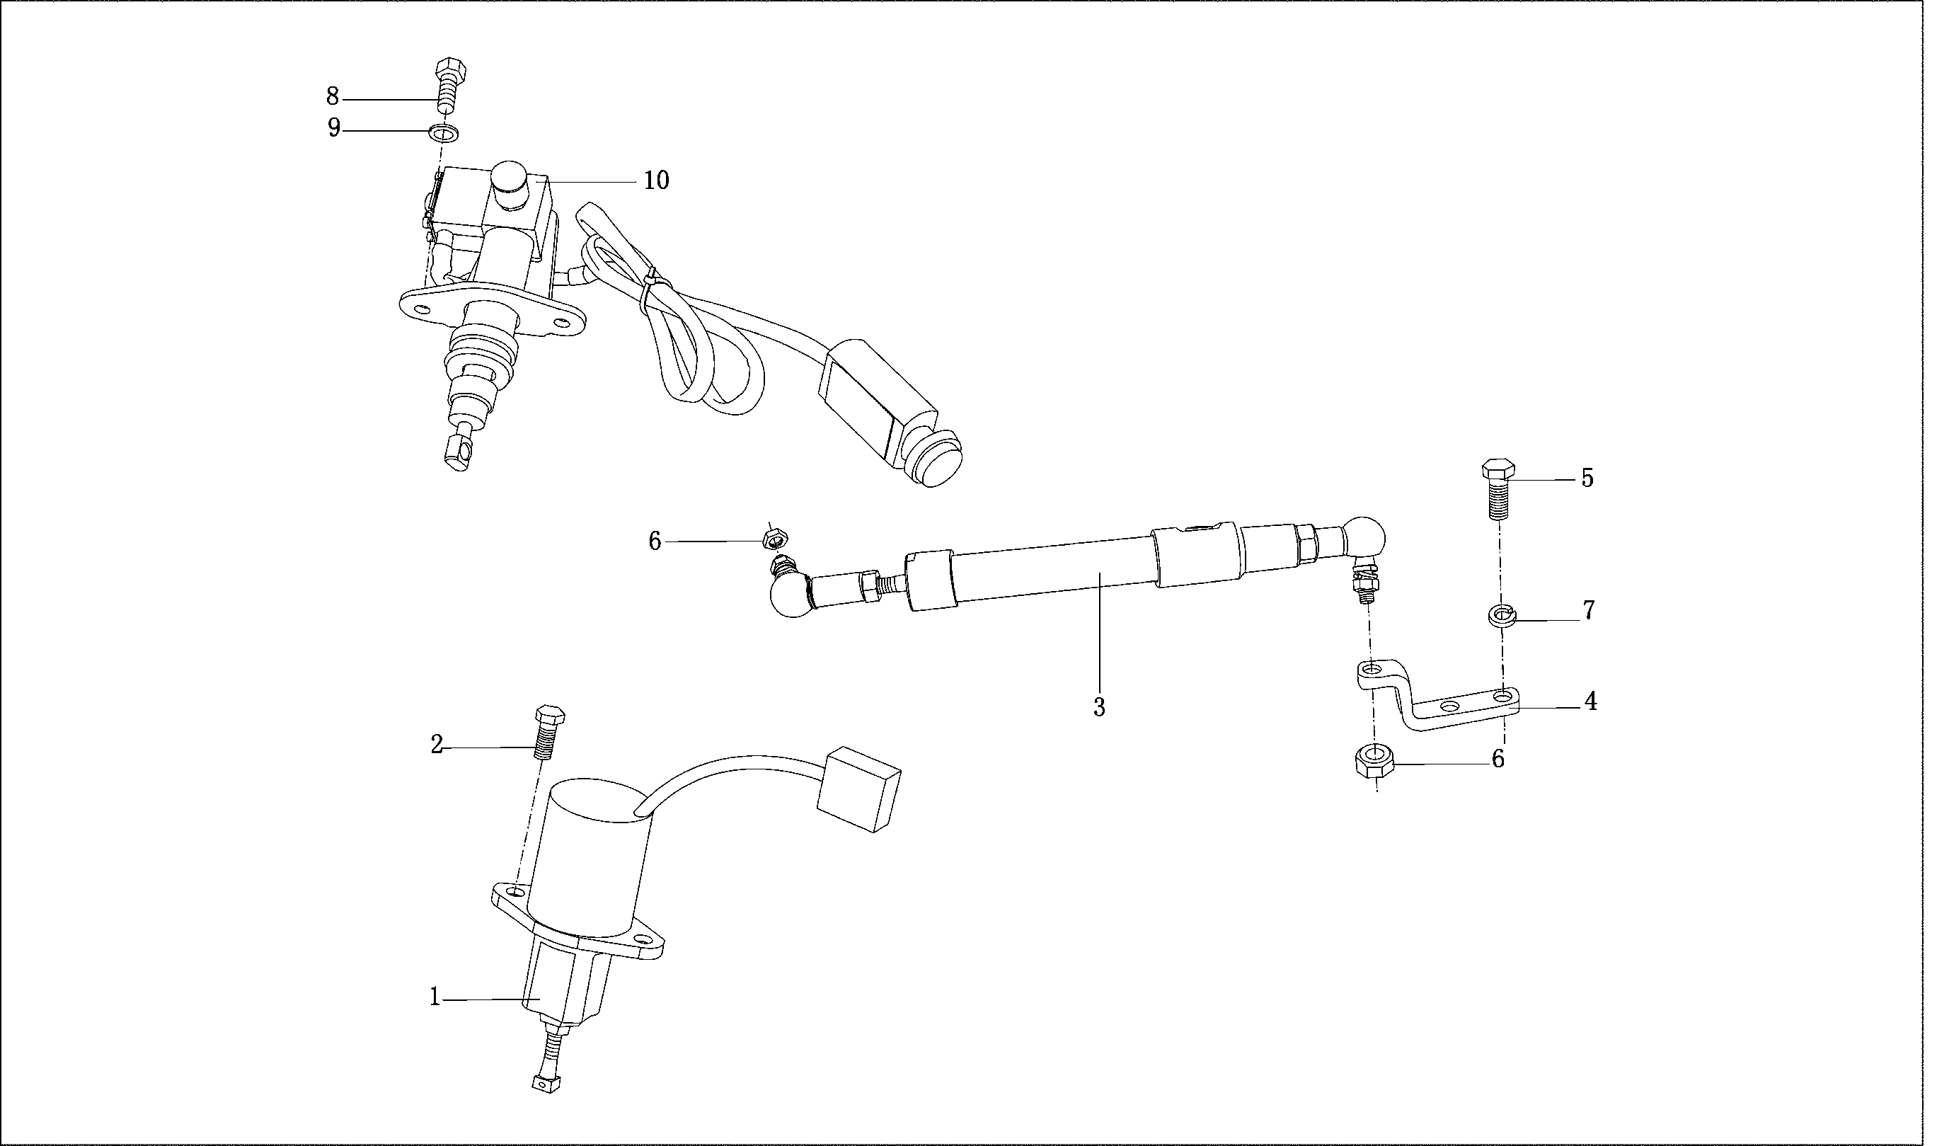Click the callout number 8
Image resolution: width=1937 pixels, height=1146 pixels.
(332, 97)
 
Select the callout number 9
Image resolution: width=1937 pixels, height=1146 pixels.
(333, 127)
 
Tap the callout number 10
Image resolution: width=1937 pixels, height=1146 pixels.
(656, 181)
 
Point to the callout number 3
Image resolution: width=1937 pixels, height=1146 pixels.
(1098, 706)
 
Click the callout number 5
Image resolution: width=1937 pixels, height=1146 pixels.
(1587, 478)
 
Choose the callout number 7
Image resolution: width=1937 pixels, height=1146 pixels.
(1589, 610)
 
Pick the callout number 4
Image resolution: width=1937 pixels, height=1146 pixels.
(1590, 701)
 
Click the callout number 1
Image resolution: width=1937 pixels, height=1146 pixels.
(435, 999)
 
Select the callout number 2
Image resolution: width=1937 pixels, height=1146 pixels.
(437, 745)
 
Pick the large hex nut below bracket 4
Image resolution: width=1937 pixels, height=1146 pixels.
(1374, 761)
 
